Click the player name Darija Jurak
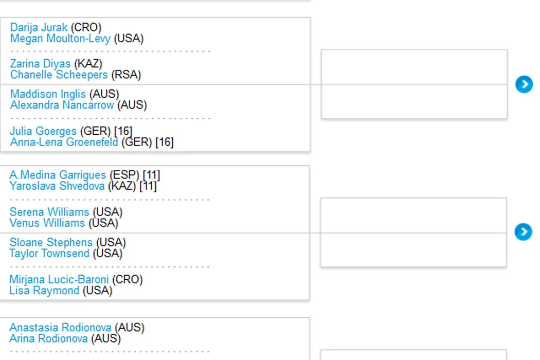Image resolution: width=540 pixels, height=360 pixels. pyautogui.click(x=39, y=27)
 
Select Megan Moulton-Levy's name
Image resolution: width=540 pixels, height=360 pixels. pyautogui.click(x=60, y=39)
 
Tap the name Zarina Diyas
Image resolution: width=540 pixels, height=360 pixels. pyautogui.click(x=40, y=64)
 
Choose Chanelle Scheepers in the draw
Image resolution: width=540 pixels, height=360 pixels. pyautogui.click(x=59, y=75)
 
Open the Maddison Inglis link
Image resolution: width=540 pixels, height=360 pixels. pyautogui.click(x=48, y=94)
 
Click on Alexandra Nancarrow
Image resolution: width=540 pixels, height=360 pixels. pyautogui.click(x=62, y=105)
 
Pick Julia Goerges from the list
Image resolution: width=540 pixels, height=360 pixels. pyautogui.click(x=43, y=131)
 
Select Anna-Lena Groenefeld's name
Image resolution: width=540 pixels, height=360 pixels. pyautogui.click(x=64, y=142)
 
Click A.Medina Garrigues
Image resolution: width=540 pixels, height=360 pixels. pyautogui.click(x=57, y=175)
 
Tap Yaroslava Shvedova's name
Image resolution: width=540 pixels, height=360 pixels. pyautogui.click(x=57, y=186)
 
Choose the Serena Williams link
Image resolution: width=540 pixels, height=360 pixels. pyautogui.click(x=49, y=212)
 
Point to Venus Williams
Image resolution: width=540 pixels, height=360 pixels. pyautogui.click(x=47, y=223)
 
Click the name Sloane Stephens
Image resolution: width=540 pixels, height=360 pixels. pyautogui.click(x=50, y=242)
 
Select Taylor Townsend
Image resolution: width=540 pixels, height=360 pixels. pyautogui.click(x=49, y=254)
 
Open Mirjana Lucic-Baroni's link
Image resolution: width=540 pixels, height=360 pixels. pyautogui.click(x=59, y=279)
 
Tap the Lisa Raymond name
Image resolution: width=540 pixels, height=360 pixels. pyautogui.click(x=44, y=291)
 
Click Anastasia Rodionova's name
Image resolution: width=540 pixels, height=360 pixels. pyautogui.click(x=60, y=328)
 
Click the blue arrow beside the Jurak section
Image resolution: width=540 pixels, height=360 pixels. pyautogui.click(x=524, y=84)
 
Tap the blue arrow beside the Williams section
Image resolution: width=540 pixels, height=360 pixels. pyautogui.click(x=523, y=232)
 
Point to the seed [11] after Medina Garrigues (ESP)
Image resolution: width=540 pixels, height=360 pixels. pyautogui.click(x=151, y=175)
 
